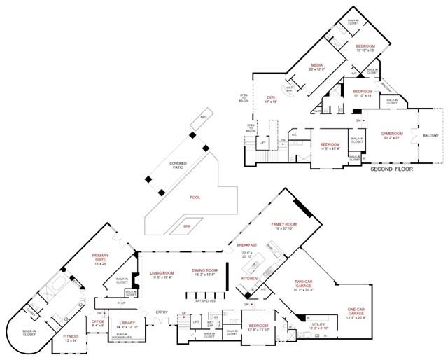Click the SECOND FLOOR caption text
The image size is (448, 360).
point(391,169)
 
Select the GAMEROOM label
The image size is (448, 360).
point(392,132)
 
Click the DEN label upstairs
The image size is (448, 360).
point(271,97)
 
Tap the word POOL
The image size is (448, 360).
point(195,198)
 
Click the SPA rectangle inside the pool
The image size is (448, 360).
point(187,226)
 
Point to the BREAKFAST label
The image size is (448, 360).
point(247,244)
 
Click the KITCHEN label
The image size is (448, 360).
point(250,278)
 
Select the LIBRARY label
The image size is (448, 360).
point(127,322)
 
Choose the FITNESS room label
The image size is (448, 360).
point(71,336)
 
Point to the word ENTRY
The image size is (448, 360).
point(162,312)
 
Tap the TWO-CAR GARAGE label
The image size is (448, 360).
point(307,284)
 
